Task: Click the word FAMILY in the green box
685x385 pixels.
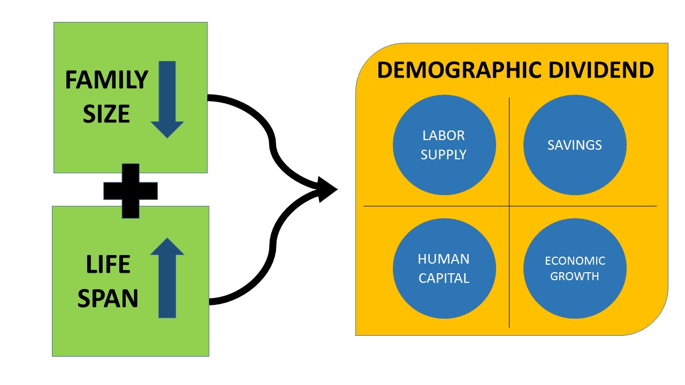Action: [x=106, y=80]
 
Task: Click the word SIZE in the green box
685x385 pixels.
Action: [x=106, y=113]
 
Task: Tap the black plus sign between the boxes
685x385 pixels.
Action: [x=130, y=190]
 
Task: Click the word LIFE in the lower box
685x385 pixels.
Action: [x=108, y=265]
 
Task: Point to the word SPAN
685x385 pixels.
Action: [x=108, y=298]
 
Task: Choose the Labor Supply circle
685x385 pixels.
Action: [x=444, y=145]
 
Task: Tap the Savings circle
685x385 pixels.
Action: [x=575, y=145]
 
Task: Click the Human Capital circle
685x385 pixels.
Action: [x=444, y=268]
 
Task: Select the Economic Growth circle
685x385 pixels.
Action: [x=575, y=268]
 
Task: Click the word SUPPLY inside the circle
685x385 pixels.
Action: [x=444, y=155]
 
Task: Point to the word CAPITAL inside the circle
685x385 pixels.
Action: [x=444, y=279]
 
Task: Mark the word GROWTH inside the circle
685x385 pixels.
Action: [x=575, y=277]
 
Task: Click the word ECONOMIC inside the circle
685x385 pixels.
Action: [x=575, y=261]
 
